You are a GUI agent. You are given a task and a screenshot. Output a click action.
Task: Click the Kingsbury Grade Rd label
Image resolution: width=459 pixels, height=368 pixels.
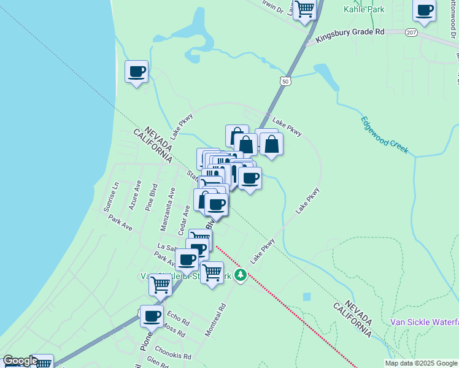coord(350,36)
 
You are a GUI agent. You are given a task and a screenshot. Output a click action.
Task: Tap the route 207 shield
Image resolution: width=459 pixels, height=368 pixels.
coord(411,32)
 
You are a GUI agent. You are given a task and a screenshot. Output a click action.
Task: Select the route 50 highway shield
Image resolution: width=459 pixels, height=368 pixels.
coord(283,80)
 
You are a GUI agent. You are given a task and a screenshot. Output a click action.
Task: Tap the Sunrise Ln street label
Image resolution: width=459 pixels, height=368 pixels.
coord(115,193)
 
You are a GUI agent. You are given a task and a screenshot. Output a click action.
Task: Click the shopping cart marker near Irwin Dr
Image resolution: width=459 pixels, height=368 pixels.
coord(304,10)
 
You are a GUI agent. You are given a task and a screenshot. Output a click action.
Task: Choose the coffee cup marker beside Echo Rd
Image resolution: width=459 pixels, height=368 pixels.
coord(152,316)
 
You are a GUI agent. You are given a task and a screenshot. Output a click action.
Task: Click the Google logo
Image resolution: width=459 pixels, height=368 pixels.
coord(21,361)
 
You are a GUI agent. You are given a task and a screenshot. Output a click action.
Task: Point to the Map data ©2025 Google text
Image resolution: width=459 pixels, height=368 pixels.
coord(422,362)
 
